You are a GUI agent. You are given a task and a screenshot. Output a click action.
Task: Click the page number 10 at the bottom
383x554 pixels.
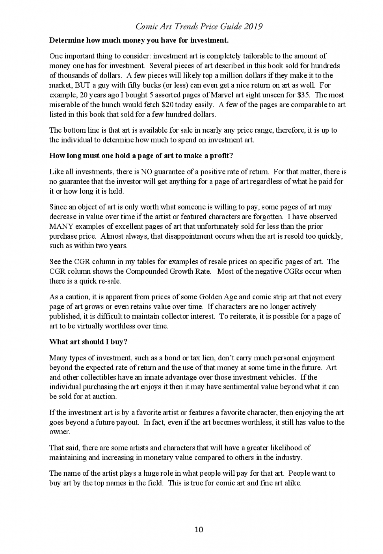click(x=199, y=530)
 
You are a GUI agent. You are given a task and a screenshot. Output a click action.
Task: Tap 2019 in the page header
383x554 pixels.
click(x=253, y=26)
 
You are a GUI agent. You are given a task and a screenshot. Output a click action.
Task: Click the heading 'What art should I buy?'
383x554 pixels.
click(x=88, y=342)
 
